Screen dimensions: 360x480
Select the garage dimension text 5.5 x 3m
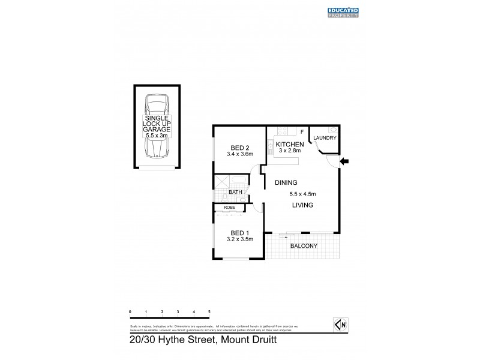157,136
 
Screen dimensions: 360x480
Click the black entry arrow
344,161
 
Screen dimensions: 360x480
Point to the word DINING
286,182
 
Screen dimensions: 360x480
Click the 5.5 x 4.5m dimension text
303,194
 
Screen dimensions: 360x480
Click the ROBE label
229,208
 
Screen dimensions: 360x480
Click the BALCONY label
303,246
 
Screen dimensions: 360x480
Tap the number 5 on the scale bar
209,312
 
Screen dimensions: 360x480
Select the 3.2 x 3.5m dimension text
239,239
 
